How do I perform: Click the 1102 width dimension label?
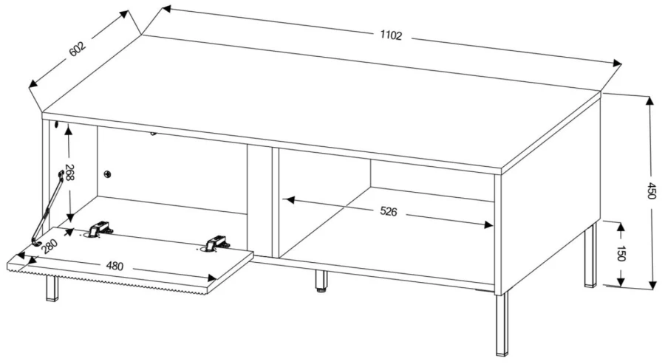point(391,35)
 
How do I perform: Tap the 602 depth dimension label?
point(77,49)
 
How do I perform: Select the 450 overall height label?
point(652,190)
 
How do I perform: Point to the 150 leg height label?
point(621,253)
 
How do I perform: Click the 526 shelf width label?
point(388,211)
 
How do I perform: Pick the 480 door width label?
point(115,266)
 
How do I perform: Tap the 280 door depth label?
point(50,246)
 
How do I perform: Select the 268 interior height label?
point(69,173)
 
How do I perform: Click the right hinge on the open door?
point(216,243)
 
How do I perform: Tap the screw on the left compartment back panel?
point(108,174)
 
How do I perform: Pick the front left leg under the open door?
point(52,289)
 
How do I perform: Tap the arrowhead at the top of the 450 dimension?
point(649,100)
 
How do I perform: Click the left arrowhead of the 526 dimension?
point(288,199)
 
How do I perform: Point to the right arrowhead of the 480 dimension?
point(211,278)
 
